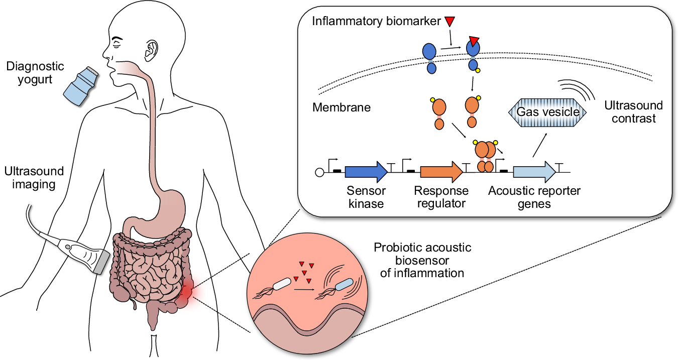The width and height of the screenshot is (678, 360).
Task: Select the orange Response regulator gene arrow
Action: (x=441, y=172)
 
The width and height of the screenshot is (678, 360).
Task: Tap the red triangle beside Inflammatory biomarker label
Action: (x=449, y=22)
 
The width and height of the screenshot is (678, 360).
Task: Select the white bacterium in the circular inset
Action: (x=282, y=284)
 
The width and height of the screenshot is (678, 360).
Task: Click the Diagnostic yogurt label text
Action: (x=35, y=73)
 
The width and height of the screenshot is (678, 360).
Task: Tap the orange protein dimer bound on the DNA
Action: (x=484, y=156)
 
